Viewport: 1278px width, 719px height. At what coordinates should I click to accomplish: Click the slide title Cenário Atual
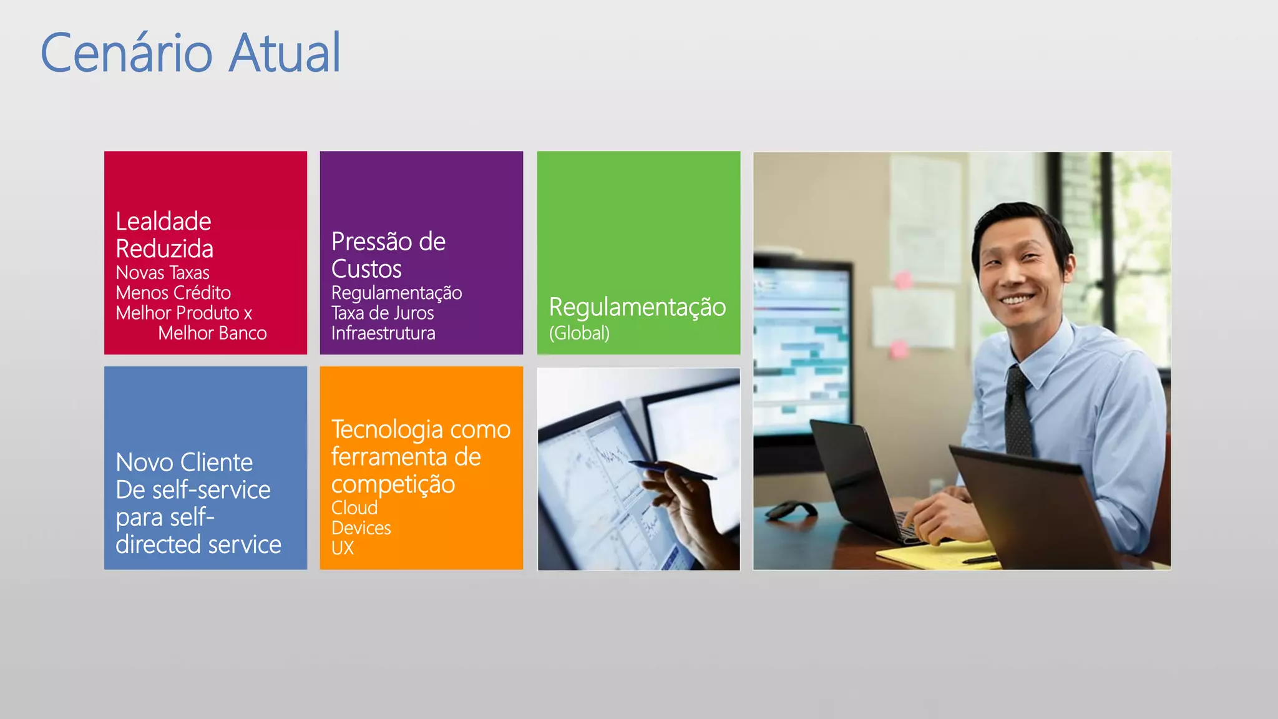(191, 52)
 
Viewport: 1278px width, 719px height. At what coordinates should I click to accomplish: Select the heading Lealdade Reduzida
(164, 235)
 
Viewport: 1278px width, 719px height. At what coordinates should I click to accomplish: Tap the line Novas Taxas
(162, 273)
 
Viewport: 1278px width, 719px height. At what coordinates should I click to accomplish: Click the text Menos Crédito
(173, 293)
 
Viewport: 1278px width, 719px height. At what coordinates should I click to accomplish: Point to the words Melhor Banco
(212, 333)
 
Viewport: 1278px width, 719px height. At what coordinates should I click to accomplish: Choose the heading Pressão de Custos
(388, 255)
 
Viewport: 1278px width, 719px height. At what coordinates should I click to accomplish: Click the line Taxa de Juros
(382, 313)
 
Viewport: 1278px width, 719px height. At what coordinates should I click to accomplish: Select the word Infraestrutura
(383, 333)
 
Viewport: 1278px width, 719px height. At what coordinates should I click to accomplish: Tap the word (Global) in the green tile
(579, 333)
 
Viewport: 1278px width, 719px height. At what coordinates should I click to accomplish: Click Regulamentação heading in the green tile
(637, 307)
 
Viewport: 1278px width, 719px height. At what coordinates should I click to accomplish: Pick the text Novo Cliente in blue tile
(184, 462)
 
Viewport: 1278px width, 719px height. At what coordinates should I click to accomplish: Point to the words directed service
(198, 545)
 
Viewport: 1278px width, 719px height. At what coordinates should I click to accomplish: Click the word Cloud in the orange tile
(354, 508)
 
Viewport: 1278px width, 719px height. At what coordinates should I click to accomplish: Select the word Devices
(361, 528)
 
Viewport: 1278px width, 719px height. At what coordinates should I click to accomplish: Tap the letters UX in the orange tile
(343, 548)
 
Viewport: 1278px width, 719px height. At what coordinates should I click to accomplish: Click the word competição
(393, 484)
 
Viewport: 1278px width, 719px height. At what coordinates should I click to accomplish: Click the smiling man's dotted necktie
(1018, 412)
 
